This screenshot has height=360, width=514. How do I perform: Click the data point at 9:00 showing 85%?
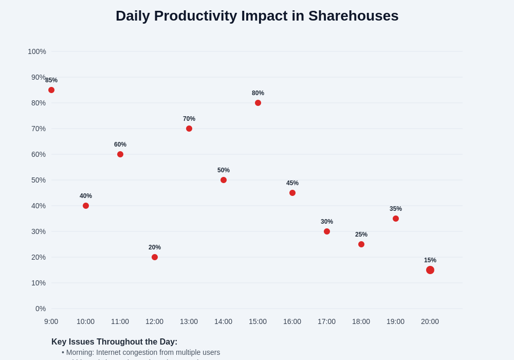51,90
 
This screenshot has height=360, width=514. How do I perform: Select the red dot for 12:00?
155,257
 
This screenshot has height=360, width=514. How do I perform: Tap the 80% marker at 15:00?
258,103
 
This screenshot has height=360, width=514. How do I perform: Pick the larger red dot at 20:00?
430,270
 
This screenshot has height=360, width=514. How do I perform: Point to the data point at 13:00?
189,129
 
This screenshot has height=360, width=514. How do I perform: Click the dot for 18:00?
361,244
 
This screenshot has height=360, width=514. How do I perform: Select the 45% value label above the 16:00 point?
292,183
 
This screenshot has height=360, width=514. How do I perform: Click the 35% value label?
396,209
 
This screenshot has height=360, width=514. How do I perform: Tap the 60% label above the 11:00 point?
120,145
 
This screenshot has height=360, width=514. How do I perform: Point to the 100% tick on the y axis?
37,51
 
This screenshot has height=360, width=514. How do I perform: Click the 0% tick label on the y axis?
41,309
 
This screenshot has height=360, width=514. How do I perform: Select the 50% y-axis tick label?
39,180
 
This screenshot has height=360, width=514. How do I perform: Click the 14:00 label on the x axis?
223,321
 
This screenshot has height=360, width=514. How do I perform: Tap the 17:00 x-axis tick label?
326,321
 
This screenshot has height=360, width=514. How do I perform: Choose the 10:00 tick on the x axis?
85,321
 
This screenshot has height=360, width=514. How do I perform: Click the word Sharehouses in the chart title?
353,16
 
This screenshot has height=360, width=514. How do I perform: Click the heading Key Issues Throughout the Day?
114,342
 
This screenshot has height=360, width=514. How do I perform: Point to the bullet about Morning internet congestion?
141,352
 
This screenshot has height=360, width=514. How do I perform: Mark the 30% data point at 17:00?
327,231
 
